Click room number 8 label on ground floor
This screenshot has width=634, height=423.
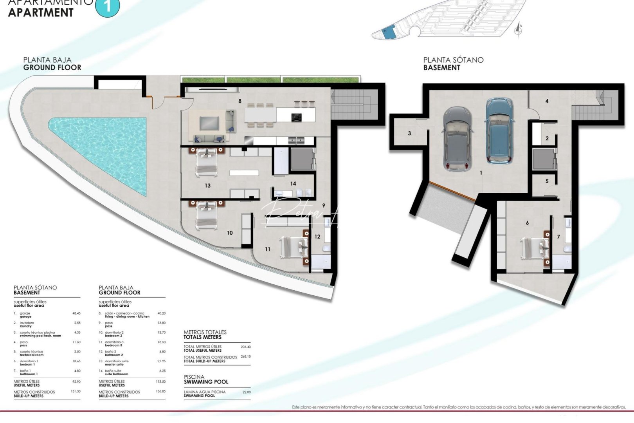click(240, 101)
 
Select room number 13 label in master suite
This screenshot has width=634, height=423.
click(207, 186)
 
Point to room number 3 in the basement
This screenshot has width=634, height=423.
click(409, 133)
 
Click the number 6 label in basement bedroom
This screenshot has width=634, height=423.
click(527, 223)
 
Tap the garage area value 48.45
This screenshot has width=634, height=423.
click(76, 313)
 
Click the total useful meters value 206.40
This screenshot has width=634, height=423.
click(245, 347)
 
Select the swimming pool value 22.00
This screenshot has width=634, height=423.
click(246, 392)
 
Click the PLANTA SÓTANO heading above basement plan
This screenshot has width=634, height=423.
click(453, 60)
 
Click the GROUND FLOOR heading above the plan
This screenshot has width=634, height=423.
click(52, 67)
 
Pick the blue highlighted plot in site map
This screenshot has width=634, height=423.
click(388, 34)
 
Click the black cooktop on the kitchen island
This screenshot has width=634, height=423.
click(297, 117)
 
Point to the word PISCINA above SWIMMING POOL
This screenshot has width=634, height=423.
click(194, 377)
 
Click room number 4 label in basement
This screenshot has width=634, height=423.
click(547, 101)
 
